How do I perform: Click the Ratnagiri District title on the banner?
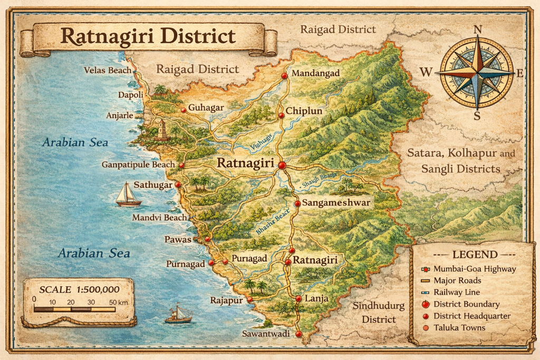(x=148, y=36)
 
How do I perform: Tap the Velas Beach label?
(x=108, y=70)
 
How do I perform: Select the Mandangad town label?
(x=315, y=73)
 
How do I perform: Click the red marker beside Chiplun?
(x=282, y=112)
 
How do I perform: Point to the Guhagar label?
(x=206, y=108)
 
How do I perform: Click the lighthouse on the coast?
(x=162, y=130)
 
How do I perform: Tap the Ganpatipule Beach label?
(x=138, y=165)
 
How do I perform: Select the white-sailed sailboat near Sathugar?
(x=128, y=194)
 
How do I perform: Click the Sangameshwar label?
(x=332, y=202)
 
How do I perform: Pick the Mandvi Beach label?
(x=159, y=217)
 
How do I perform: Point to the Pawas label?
(x=177, y=239)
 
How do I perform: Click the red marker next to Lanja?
(x=298, y=299)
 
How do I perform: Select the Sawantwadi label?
(x=267, y=334)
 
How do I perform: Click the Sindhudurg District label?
(x=379, y=313)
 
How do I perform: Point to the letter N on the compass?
(x=478, y=30)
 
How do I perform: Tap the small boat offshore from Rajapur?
(x=178, y=315)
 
